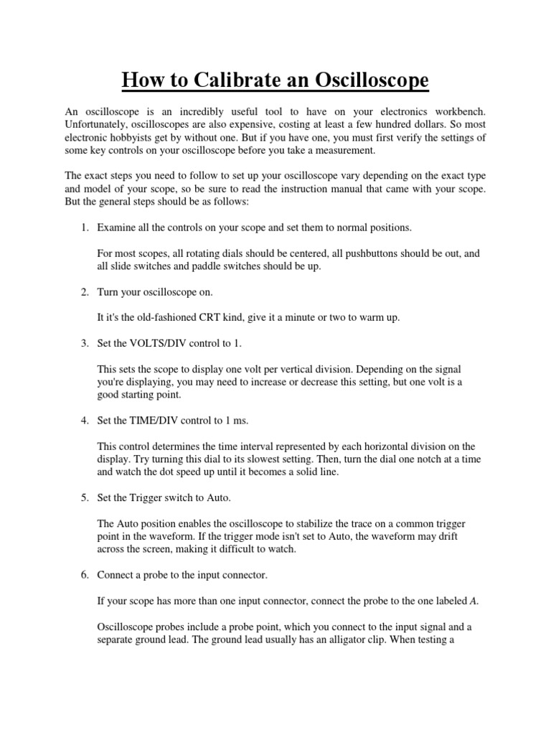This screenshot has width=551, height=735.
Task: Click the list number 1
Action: click(x=83, y=228)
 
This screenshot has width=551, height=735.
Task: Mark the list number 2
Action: click(x=83, y=292)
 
